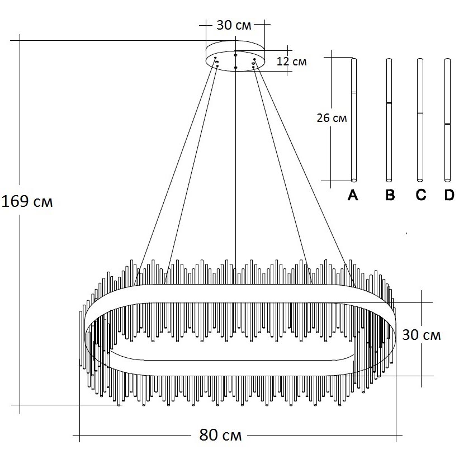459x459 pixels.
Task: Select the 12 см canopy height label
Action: point(292,61)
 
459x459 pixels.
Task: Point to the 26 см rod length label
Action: point(331,118)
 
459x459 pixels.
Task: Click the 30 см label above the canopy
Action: point(234,25)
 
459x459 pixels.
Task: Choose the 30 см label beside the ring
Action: point(422,335)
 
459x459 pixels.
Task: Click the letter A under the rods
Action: point(353,195)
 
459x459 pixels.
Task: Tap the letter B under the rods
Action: point(390,195)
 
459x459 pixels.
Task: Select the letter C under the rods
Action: point(420,195)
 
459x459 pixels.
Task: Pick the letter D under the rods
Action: point(448,195)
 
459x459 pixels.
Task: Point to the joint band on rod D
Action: point(447,123)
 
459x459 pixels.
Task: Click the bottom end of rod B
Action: point(389,179)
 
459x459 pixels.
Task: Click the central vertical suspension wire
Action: point(235,168)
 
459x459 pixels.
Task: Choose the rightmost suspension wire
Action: point(305,168)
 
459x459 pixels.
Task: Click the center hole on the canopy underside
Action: point(236,68)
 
